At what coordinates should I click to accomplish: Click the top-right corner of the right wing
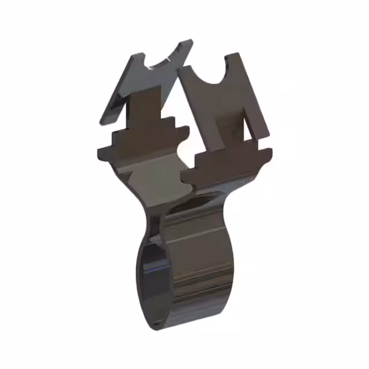point(237,54)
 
